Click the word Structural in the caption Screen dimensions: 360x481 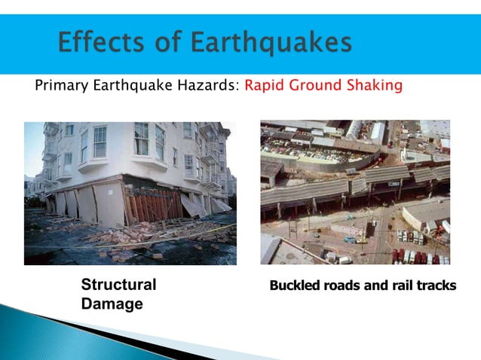(x=118, y=285)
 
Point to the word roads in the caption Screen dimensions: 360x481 (x=341, y=286)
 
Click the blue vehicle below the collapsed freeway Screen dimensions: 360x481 (x=349, y=240)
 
